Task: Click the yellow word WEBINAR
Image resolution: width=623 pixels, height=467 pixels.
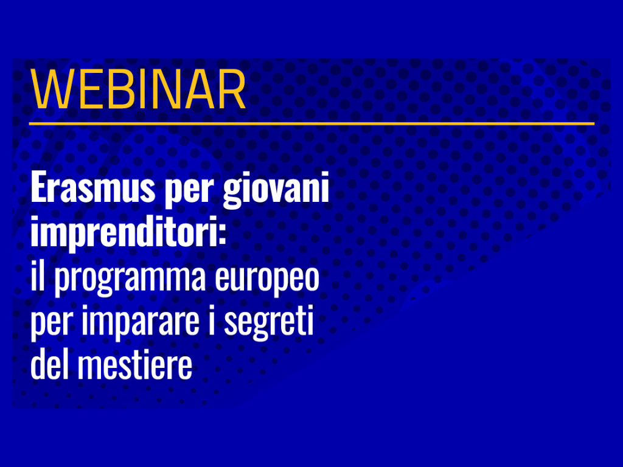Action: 138,90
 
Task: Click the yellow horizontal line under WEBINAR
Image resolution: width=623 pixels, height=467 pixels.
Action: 311,123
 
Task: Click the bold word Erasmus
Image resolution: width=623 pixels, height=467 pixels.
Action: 92,188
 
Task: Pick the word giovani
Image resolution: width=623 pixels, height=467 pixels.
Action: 276,190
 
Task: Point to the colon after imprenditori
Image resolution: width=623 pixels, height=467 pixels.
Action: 222,236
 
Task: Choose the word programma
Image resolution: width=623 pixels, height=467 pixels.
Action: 130,280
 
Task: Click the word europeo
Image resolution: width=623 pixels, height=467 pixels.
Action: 267,280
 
